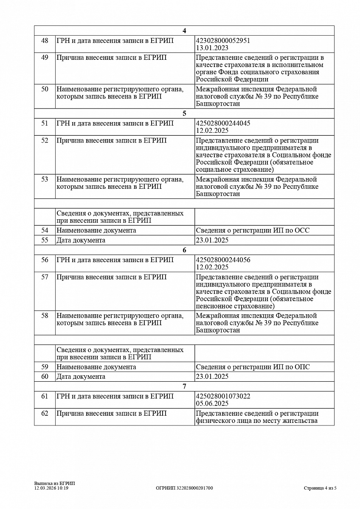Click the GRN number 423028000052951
tap(223, 41)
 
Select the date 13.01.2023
tap(212, 48)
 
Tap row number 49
tap(45, 58)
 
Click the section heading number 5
tap(184, 113)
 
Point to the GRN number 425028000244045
tap(223, 123)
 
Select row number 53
tap(45, 179)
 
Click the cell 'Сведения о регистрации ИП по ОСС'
tap(253, 230)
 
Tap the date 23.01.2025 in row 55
tap(212, 240)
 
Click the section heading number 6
tap(184, 250)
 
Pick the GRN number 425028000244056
tap(223, 260)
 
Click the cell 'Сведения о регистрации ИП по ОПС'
tap(253, 367)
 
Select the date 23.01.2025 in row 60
tap(212, 377)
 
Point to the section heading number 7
tap(184, 386)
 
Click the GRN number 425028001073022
tap(223, 396)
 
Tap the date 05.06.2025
tap(212, 403)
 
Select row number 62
tap(45, 414)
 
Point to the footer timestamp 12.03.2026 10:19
tap(51, 488)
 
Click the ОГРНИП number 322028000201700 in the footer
tap(184, 488)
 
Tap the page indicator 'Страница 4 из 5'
tap(320, 488)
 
